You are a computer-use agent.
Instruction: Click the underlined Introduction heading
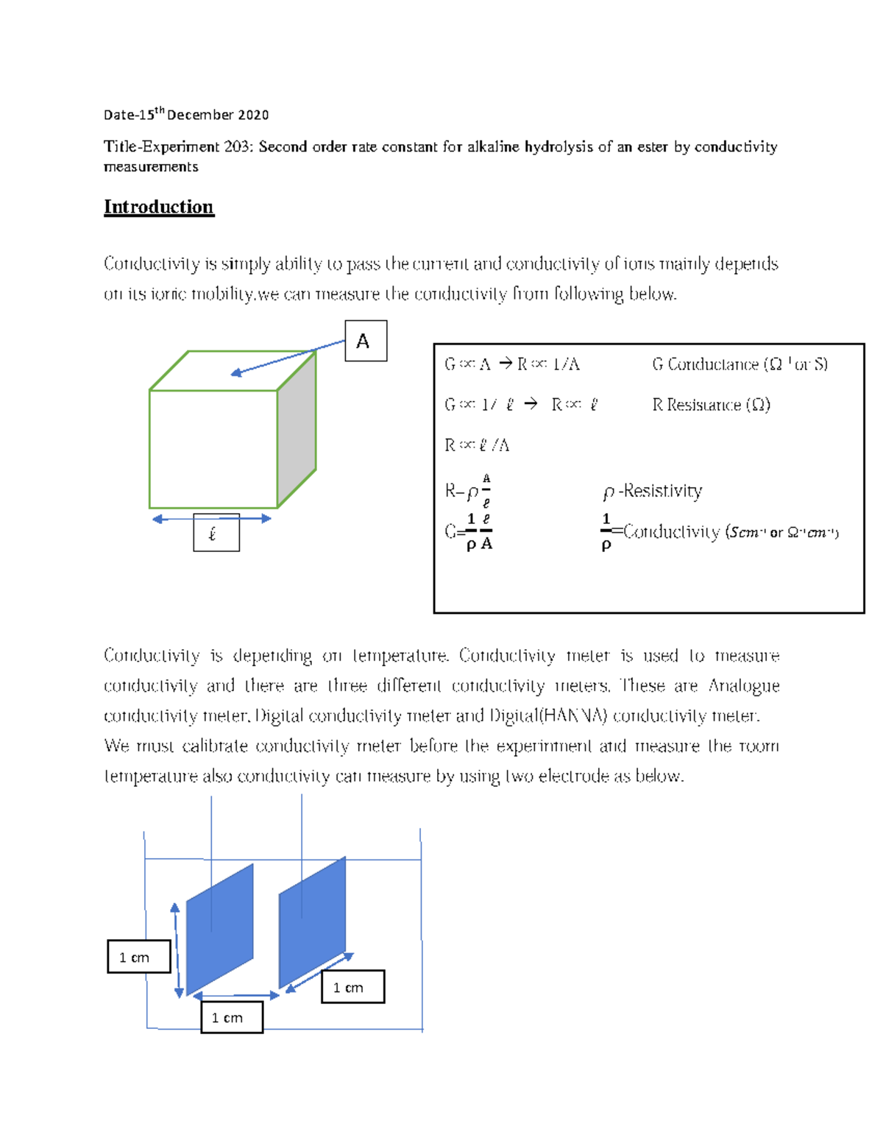[158, 207]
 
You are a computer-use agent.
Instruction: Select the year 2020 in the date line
[253, 115]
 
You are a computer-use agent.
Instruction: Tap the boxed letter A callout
[366, 341]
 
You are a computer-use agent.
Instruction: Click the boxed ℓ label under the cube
[216, 533]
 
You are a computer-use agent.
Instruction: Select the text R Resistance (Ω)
[711, 405]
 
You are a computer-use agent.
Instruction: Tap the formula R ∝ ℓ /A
[477, 445]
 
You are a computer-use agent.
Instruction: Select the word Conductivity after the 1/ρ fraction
[671, 532]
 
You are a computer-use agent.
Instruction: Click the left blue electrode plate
[219, 929]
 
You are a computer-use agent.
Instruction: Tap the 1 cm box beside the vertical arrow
[138, 957]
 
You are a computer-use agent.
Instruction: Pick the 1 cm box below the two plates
[232, 1017]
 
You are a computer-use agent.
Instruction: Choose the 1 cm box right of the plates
[352, 987]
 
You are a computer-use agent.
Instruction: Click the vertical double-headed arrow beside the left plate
[177, 950]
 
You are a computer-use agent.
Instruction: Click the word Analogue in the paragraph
[743, 686]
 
